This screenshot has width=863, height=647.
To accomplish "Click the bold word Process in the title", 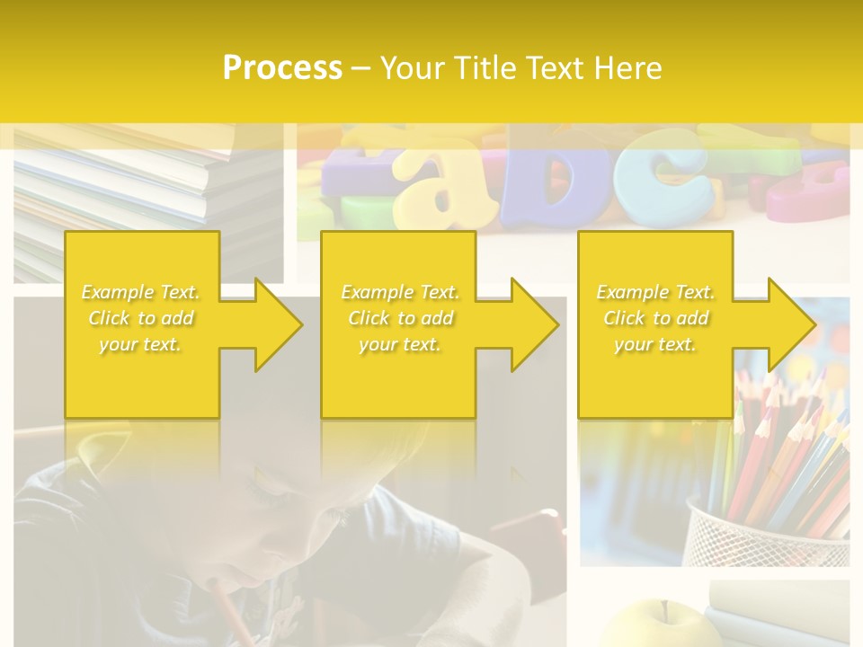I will click(282, 68).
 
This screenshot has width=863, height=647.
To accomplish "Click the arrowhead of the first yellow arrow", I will click(279, 324).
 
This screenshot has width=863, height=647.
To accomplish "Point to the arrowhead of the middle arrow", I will click(535, 324).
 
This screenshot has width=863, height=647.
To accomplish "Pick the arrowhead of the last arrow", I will click(791, 324).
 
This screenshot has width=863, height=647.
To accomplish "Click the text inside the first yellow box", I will click(140, 318).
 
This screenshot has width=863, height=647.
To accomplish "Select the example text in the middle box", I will click(399, 318).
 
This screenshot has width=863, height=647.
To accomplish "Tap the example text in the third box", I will click(654, 318).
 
